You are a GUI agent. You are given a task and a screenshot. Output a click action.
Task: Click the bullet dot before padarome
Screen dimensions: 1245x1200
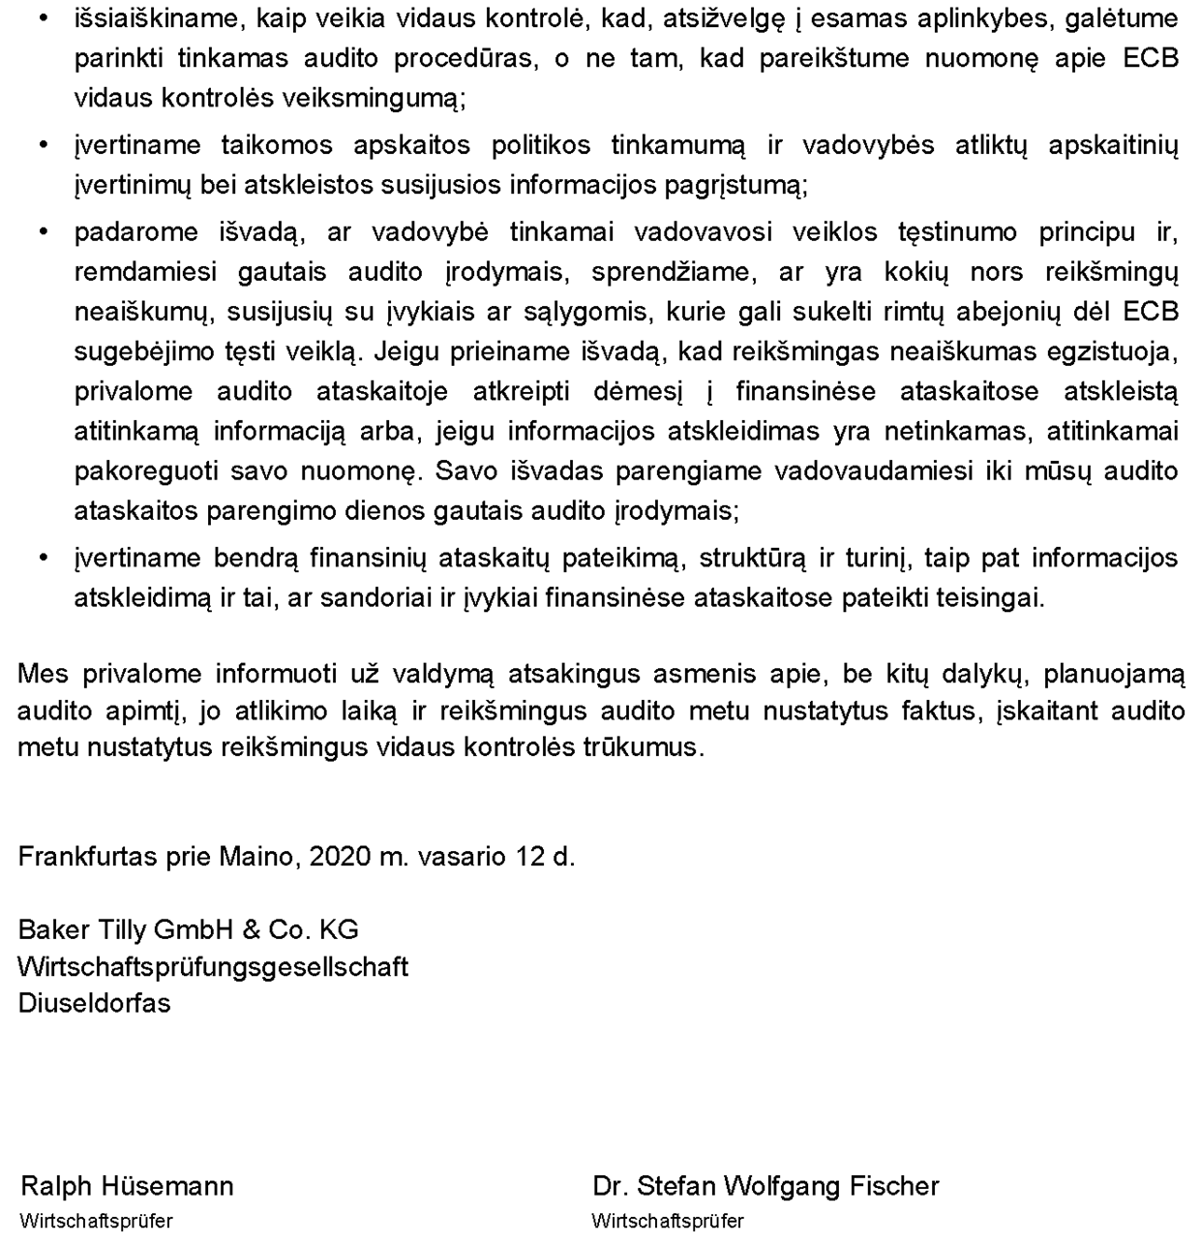coord(42,232)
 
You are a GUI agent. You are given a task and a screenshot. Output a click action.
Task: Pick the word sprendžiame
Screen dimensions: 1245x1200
coord(667,272)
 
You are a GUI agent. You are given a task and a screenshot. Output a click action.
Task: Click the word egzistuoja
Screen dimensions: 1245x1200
coord(1113,351)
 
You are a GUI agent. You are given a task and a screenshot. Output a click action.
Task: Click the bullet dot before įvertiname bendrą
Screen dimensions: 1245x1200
coord(42,559)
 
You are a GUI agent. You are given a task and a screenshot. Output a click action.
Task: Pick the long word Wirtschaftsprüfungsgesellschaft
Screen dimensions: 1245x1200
coord(213,967)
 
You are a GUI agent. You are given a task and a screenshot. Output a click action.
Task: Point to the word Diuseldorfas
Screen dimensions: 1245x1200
coord(94,1003)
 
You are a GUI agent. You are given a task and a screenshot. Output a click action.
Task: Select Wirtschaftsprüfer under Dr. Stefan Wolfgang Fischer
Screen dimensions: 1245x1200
coord(668,1222)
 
